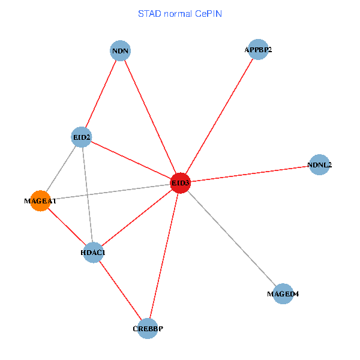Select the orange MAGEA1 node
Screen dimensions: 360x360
point(40,202)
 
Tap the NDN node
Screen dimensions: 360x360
point(121,50)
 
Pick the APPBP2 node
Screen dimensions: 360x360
point(258,49)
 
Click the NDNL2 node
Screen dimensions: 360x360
point(319,164)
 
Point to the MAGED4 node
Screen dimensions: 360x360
point(283,294)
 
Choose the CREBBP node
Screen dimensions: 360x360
point(148,329)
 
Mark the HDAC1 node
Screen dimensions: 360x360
point(93,253)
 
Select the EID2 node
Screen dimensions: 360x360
point(81,137)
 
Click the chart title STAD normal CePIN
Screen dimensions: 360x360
point(180,13)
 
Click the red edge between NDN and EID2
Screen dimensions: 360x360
point(101,94)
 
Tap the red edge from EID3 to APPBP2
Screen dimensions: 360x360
point(219,116)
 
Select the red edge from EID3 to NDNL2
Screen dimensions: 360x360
point(250,173)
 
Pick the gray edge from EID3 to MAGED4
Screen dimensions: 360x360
point(231,238)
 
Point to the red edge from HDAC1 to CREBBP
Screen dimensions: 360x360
point(120,290)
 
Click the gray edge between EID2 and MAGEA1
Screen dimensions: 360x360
point(60,170)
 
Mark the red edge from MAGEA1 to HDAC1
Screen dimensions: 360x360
point(66,227)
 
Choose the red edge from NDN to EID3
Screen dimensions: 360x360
point(150,116)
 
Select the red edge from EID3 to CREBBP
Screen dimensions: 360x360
point(164,256)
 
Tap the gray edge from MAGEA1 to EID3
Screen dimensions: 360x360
point(110,192)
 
